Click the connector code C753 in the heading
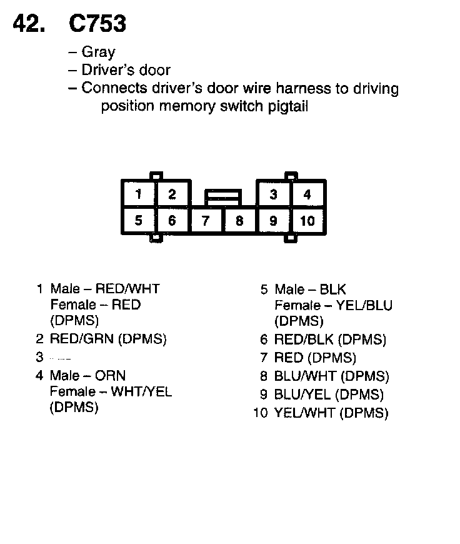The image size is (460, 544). click(x=97, y=24)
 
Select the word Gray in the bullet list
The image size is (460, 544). click(x=98, y=53)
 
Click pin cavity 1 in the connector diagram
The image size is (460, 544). click(x=139, y=194)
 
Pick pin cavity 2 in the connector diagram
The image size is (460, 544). click(x=172, y=194)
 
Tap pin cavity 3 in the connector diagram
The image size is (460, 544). click(x=273, y=194)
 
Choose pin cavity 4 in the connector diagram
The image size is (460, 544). click(x=307, y=194)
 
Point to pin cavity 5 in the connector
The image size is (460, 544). click(x=139, y=220)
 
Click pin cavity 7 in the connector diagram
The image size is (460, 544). click(x=206, y=220)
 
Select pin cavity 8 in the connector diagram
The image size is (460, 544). click(x=239, y=220)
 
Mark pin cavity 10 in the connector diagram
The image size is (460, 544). click(x=307, y=220)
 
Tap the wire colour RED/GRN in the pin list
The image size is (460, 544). click(x=84, y=339)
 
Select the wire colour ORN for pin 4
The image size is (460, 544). click(x=110, y=376)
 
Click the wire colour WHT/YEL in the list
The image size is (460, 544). click(x=141, y=392)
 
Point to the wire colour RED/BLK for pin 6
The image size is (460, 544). click(x=306, y=340)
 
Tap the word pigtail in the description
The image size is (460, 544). click(x=287, y=106)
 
